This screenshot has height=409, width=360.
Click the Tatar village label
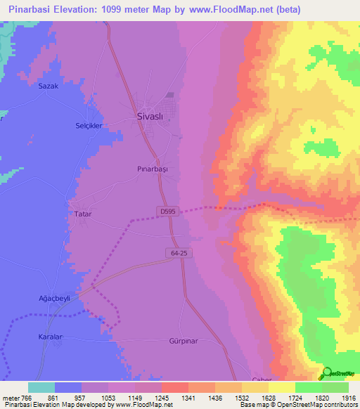pos(83,213)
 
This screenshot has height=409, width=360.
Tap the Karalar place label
pos(50,337)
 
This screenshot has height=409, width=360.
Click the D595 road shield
pos(165,210)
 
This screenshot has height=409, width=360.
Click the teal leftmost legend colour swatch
pos(41,387)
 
